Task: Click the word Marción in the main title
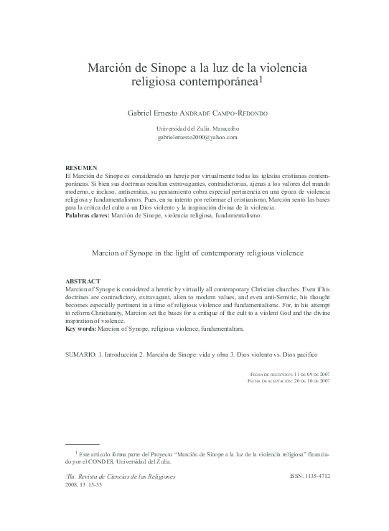111,69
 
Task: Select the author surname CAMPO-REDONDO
258,113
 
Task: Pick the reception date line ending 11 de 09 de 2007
289,374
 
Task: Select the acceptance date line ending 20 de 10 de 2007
288,381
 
